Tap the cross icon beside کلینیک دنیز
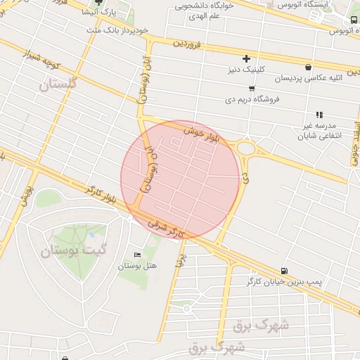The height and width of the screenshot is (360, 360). (245, 58)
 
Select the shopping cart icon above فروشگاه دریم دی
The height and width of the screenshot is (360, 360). (252, 89)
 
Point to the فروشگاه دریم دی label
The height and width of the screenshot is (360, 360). (252, 99)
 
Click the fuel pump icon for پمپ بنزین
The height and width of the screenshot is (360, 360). (283, 271)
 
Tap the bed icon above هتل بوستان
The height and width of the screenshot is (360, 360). (137, 255)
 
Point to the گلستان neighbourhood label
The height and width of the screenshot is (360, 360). (58, 85)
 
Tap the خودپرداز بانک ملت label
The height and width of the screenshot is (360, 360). (120, 31)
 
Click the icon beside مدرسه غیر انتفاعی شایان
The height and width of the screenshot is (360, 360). (319, 114)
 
